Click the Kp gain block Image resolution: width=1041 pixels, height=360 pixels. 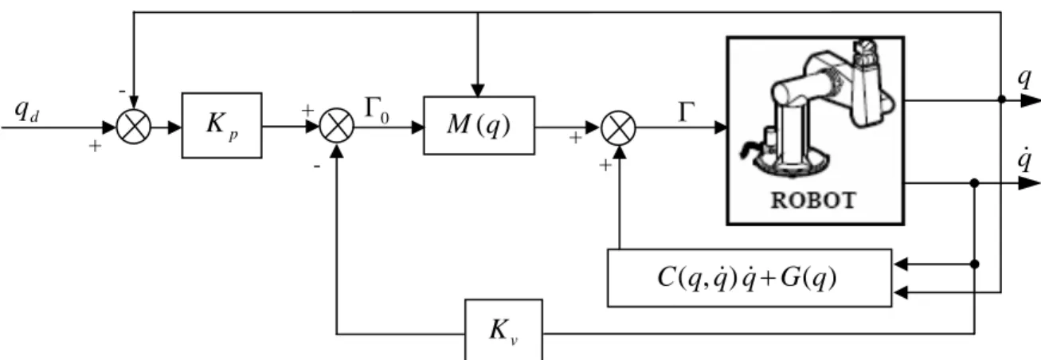(x=221, y=125)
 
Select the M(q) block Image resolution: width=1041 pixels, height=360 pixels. (x=479, y=125)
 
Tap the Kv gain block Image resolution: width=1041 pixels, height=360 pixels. (x=503, y=330)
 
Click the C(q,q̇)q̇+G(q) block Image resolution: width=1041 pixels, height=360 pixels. (x=749, y=278)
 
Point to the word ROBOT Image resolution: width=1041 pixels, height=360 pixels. (x=813, y=201)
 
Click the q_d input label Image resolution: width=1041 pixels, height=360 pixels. (x=26, y=112)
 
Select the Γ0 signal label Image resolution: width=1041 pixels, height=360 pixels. (x=377, y=111)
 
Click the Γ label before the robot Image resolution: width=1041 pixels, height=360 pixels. (x=687, y=112)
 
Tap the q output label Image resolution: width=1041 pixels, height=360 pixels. (x=1024, y=78)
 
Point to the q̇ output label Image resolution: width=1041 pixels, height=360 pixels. (x=1024, y=160)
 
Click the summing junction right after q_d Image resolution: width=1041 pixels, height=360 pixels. (x=133, y=127)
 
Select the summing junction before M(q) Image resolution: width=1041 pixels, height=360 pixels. (x=337, y=126)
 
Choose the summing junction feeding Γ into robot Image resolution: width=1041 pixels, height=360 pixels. (x=619, y=127)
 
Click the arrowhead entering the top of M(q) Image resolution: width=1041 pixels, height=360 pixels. (x=478, y=90)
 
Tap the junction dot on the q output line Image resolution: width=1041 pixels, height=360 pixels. (x=1001, y=100)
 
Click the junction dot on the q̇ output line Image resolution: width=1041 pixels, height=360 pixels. (x=975, y=183)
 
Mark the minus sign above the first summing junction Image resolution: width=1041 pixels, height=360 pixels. (x=122, y=91)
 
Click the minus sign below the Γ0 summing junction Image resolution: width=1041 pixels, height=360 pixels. (x=317, y=166)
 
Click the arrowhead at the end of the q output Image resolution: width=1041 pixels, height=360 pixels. (x=1031, y=100)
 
